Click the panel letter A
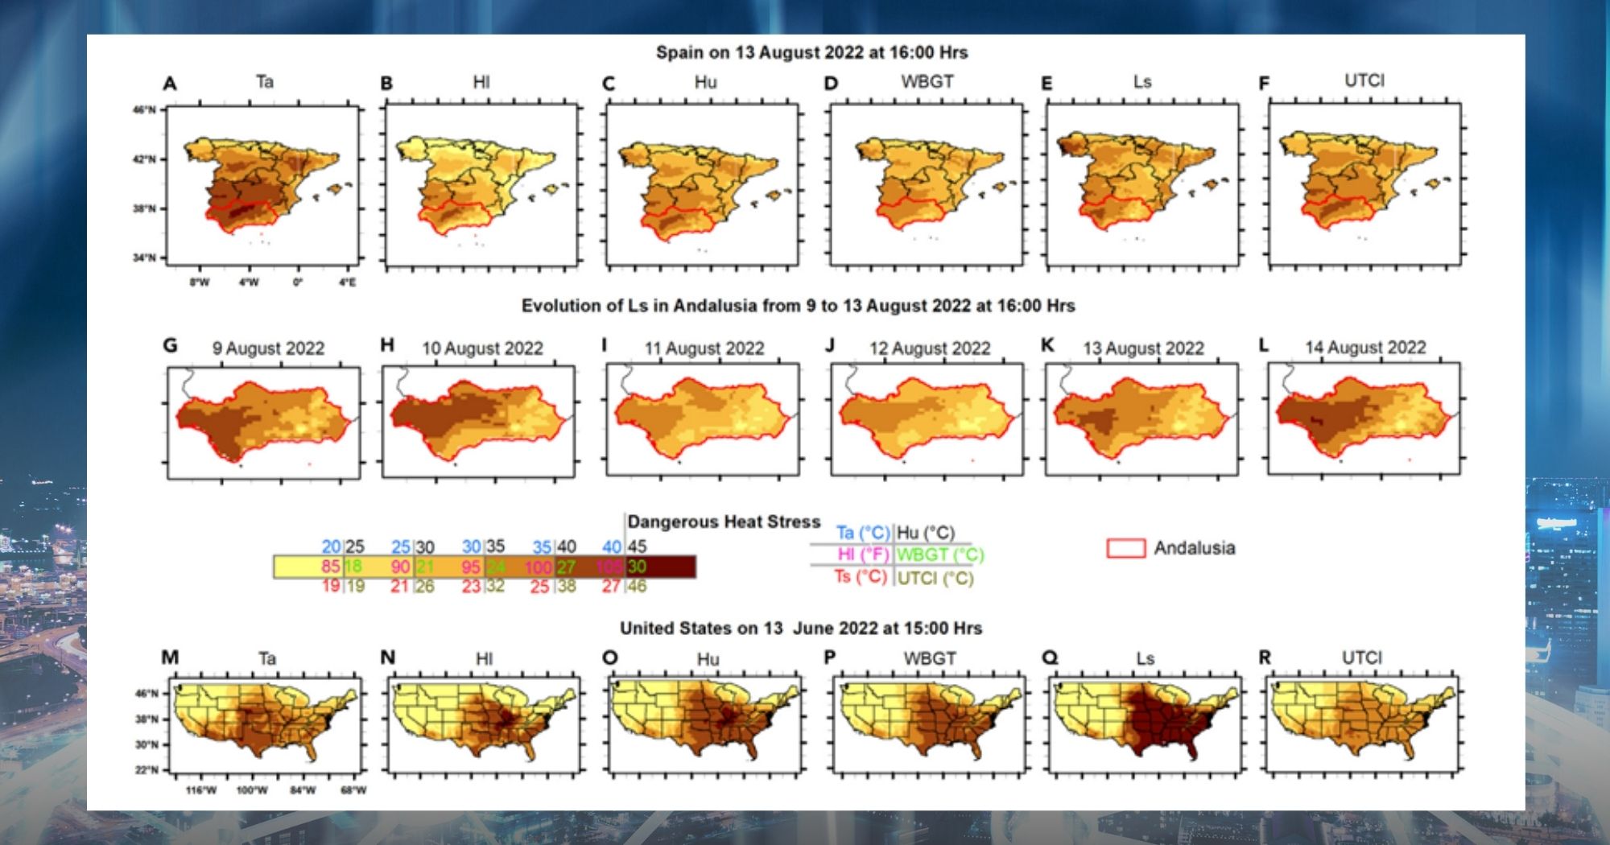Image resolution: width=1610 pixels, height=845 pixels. click(x=170, y=84)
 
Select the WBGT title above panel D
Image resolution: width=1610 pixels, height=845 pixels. click(x=927, y=82)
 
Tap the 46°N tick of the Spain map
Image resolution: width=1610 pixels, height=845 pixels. click(x=145, y=109)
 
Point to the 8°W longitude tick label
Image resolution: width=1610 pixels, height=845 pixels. click(x=200, y=282)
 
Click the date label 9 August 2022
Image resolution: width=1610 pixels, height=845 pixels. click(x=268, y=348)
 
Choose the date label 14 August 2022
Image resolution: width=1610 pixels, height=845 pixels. click(x=1365, y=348)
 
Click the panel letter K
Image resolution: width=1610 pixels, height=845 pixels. click(x=1047, y=345)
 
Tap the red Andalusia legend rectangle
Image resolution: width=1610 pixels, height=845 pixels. click(x=1125, y=548)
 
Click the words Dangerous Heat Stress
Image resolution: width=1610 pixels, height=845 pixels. click(x=724, y=522)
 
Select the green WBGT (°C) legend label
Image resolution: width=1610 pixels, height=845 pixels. click(x=940, y=554)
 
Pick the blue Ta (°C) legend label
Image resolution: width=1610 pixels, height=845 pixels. click(x=863, y=533)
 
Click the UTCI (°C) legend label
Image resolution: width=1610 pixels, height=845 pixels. click(x=935, y=578)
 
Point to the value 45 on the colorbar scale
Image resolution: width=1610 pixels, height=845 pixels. click(x=637, y=546)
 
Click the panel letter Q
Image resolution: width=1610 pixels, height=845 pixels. click(x=1050, y=657)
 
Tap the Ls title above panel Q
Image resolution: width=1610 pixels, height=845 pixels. click(x=1145, y=659)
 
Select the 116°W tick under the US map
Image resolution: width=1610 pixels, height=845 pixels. click(x=201, y=790)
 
